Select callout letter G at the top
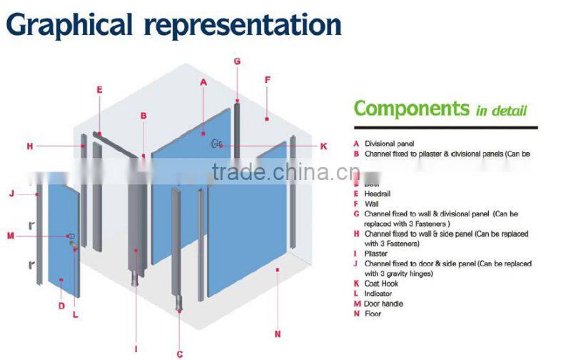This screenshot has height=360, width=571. (x=237, y=61)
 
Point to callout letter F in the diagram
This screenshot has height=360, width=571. (x=268, y=79)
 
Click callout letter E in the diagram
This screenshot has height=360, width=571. (x=99, y=90)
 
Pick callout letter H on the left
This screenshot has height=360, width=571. (x=30, y=146)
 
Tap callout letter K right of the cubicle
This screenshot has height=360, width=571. (x=323, y=146)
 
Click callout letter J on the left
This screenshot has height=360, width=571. (x=12, y=193)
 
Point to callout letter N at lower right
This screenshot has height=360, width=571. (x=278, y=334)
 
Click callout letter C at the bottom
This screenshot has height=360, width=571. (x=180, y=354)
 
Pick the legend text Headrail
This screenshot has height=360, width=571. (x=378, y=194)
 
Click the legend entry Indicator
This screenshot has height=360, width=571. (x=379, y=294)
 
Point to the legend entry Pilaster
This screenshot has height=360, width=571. (x=375, y=254)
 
